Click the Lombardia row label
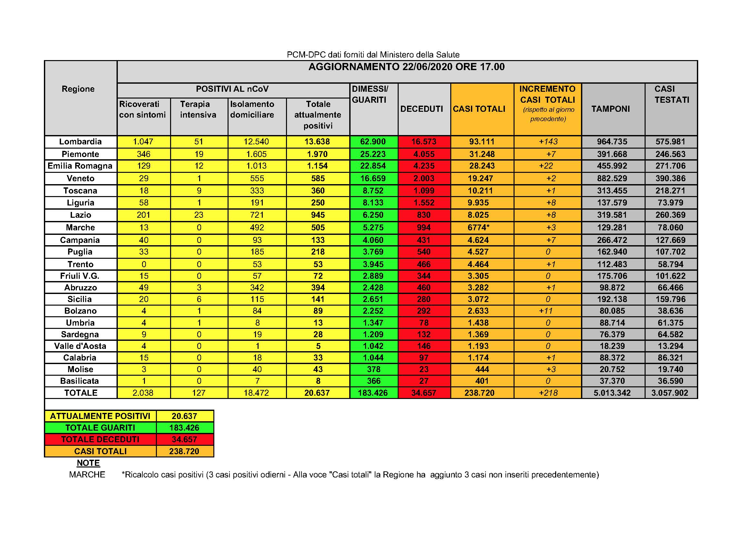[80, 142]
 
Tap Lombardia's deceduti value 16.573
[423, 142]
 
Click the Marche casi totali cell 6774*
[478, 227]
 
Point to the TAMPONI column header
[611, 109]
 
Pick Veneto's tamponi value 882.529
[612, 179]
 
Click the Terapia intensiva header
[198, 110]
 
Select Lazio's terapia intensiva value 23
[199, 215]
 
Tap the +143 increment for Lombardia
[548, 142]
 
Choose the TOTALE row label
[81, 393]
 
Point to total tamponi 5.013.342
[612, 393]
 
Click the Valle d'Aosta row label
[80, 346]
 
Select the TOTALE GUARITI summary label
[100, 428]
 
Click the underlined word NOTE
[88, 463]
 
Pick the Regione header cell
[78, 89]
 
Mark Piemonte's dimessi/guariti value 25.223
[373, 154]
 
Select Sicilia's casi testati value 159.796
[670, 299]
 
